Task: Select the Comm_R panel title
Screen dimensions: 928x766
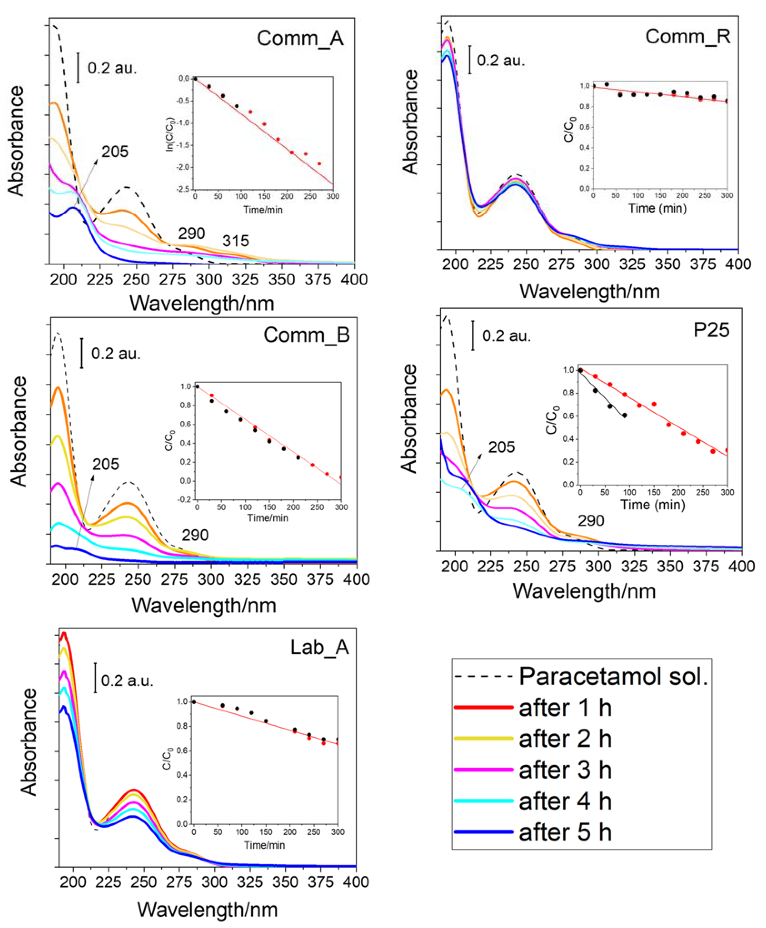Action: (687, 36)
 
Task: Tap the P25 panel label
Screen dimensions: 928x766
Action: (711, 330)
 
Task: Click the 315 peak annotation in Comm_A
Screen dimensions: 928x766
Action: (236, 241)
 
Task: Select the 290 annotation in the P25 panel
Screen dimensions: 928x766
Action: (591, 521)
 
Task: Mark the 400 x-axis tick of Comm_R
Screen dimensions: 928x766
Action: (738, 264)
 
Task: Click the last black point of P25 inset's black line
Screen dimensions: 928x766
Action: (624, 415)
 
